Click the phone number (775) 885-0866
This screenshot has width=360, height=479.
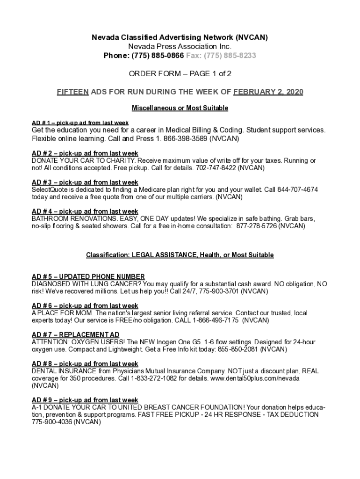coord(154,56)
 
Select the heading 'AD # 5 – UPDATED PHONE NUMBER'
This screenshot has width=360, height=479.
coord(88,277)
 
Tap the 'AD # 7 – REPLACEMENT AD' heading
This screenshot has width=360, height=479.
coord(75,335)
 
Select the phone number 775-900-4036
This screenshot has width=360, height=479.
coord(51,421)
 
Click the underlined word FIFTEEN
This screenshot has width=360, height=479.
coord(72,92)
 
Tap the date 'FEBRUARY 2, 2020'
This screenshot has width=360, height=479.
coord(268,92)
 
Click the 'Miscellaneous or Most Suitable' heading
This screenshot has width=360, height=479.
coord(180,108)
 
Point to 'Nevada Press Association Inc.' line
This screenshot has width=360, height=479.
coord(180,47)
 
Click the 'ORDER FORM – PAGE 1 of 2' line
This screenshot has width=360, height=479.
coord(180,74)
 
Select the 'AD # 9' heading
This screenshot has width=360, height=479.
coord(85,400)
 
